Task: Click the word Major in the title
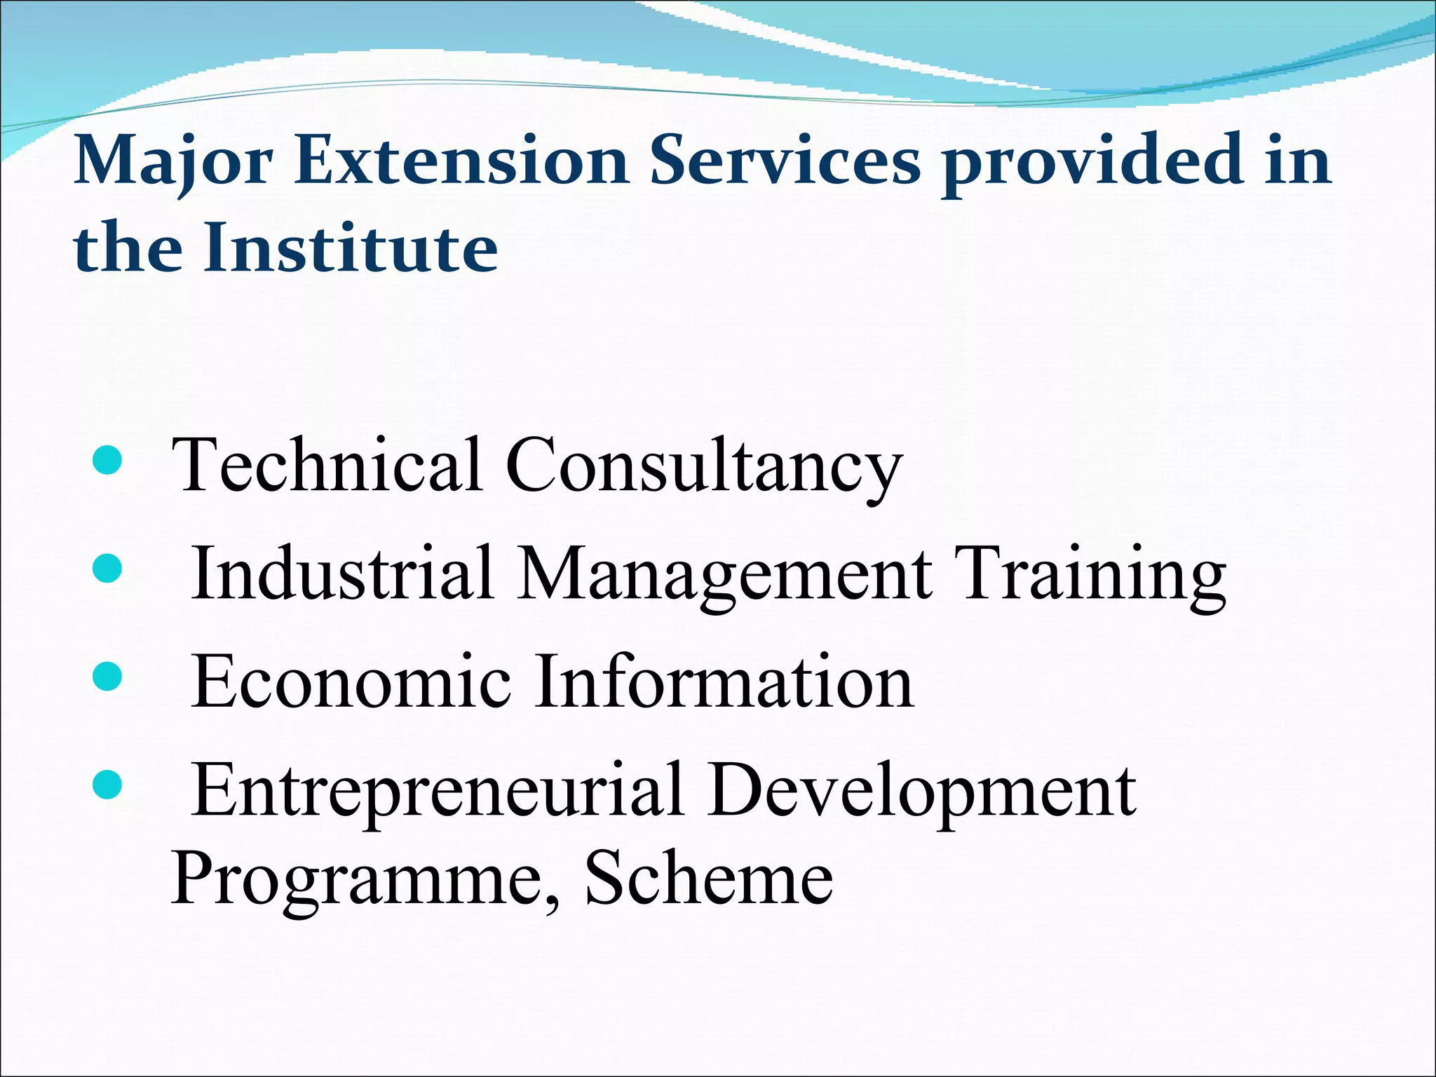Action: point(173,161)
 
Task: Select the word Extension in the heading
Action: point(461,161)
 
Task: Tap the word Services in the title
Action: point(785,161)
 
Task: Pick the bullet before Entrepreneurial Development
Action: point(107,785)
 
